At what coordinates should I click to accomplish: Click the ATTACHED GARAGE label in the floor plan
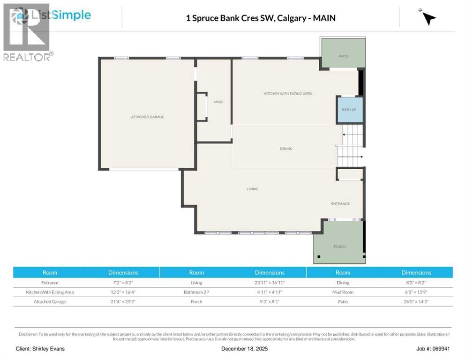click(147, 117)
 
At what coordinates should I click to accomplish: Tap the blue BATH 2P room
click(350, 110)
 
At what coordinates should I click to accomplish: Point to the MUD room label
click(218, 102)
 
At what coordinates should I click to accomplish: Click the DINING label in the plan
click(286, 149)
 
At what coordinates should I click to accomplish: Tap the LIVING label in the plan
click(252, 189)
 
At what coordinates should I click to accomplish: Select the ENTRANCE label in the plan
click(340, 203)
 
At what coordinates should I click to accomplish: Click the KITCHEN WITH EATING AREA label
click(288, 94)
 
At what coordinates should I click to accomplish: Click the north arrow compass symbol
click(428, 18)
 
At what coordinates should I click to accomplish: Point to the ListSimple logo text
click(60, 15)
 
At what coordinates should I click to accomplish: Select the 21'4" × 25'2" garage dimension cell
click(123, 301)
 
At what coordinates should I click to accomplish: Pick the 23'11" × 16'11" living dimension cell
click(269, 283)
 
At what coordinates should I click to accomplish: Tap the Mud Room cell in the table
click(343, 292)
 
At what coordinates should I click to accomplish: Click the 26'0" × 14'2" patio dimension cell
click(416, 301)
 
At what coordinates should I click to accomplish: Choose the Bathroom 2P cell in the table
click(196, 292)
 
